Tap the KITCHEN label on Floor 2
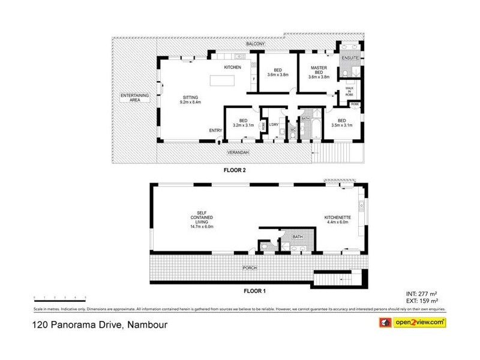pyautogui.click(x=232, y=67)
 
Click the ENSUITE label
pyautogui.click(x=350, y=58)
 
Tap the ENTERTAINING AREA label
pyautogui.click(x=130, y=98)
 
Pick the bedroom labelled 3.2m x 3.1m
pyautogui.click(x=243, y=123)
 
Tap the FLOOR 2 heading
pyautogui.click(x=235, y=170)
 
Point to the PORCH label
pyautogui.click(x=250, y=267)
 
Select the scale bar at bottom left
pyautogui.click(x=60, y=297)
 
